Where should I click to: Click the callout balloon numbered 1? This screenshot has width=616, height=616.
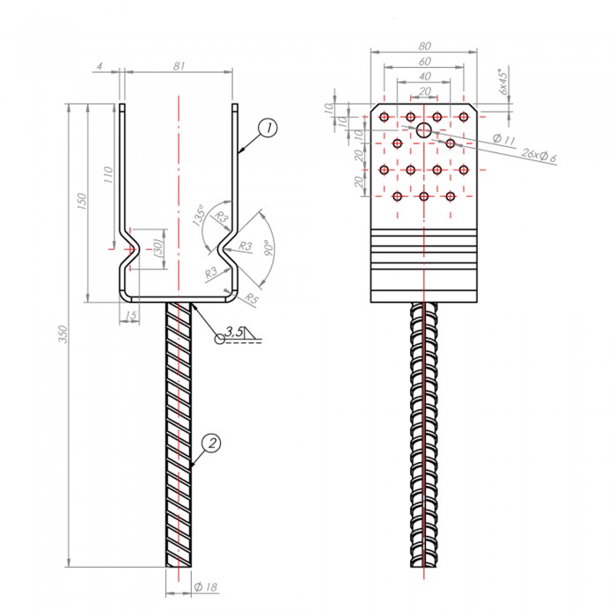(x=268, y=128)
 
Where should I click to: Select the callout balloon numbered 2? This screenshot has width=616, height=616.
(x=212, y=444)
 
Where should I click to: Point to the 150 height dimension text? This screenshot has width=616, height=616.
(x=82, y=201)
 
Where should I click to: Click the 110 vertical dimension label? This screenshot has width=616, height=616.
(x=108, y=174)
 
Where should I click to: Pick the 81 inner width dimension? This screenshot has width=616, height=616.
(x=180, y=66)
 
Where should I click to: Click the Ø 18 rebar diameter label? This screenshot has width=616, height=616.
(x=205, y=587)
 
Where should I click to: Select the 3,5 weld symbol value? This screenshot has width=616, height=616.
(x=235, y=332)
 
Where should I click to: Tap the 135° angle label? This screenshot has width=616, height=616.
(x=200, y=215)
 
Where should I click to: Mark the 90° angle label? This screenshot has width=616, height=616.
(x=269, y=247)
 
